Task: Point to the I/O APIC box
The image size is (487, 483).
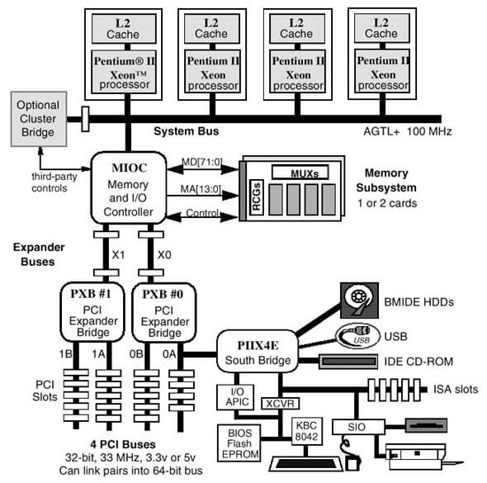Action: [233, 395]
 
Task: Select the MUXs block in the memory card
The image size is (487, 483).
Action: [311, 172]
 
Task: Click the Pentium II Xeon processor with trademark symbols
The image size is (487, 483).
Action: [129, 72]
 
